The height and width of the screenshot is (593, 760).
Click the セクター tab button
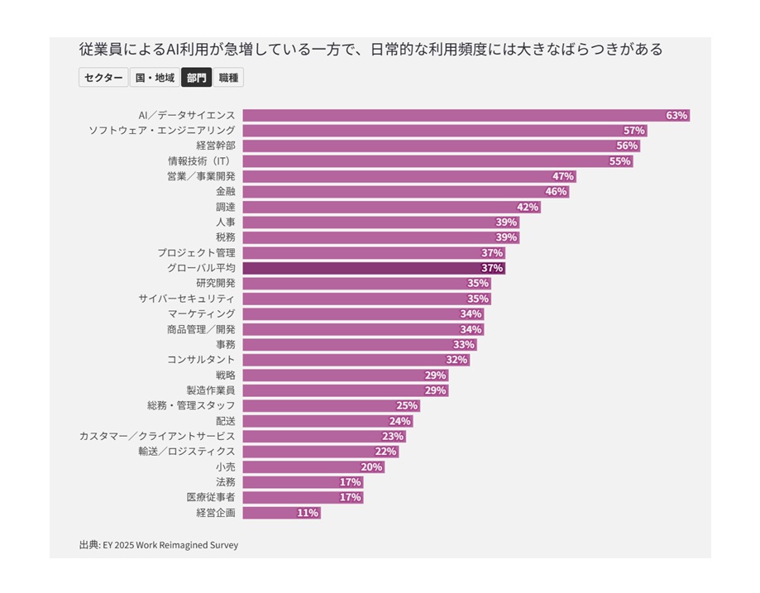click(x=103, y=78)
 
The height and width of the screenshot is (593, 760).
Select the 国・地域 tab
click(x=155, y=78)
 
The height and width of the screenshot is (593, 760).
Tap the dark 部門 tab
click(x=197, y=78)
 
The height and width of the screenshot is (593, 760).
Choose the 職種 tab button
click(x=229, y=78)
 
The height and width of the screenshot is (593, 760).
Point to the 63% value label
click(x=677, y=116)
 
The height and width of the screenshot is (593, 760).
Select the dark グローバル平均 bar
click(x=373, y=268)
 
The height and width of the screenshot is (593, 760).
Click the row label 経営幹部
click(x=215, y=146)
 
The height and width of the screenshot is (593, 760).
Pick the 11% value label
click(x=308, y=513)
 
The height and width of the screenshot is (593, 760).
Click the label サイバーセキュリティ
click(x=186, y=299)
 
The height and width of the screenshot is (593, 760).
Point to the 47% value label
click(x=563, y=176)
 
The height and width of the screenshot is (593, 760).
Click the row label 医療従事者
click(x=210, y=497)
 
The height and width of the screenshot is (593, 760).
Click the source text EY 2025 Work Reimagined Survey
click(x=170, y=545)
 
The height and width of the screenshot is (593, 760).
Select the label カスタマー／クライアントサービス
click(x=156, y=436)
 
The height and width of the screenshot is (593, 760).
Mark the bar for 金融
click(x=405, y=192)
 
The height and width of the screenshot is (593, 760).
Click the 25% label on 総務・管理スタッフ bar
click(x=407, y=405)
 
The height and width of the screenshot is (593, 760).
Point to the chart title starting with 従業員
click(x=370, y=50)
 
